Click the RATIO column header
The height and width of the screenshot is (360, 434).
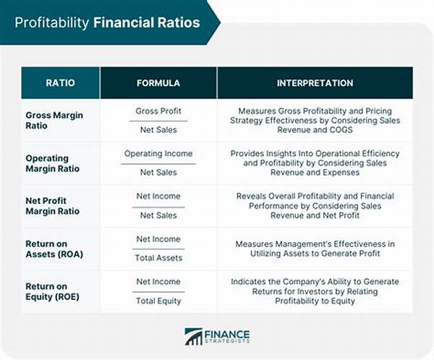tap(61, 83)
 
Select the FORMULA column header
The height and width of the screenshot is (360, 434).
tap(159, 83)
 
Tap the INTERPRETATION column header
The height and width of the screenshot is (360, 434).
tap(314, 83)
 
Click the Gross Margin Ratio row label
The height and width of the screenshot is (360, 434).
tap(54, 121)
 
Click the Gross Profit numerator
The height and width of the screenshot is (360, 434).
tap(158, 111)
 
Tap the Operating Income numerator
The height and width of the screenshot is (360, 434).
tap(158, 154)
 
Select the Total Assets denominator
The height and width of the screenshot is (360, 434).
tap(158, 258)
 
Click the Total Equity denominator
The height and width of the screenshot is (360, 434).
tap(158, 301)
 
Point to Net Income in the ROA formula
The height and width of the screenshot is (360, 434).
tap(158, 239)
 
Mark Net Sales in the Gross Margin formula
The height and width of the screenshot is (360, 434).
tap(158, 130)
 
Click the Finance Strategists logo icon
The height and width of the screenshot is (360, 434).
tap(193, 336)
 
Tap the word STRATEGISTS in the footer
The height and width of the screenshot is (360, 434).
tap(227, 342)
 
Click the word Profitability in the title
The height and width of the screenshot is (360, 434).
tap(52, 22)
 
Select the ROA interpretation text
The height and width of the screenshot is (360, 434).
tap(314, 249)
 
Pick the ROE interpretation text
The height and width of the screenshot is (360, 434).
tap(314, 291)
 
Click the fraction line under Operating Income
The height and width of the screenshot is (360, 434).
tap(158, 163)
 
